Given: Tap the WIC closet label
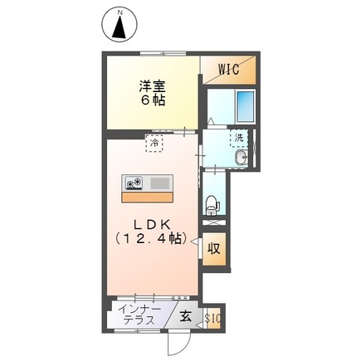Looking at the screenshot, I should pos(229,70).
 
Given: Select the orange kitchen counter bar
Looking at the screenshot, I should pos(148,198).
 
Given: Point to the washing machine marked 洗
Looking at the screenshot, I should pos(239,138).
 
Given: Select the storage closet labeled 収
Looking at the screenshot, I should pos(213,246).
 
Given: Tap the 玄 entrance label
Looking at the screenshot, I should pos(187,315).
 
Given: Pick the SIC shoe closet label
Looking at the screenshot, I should pos(212,316).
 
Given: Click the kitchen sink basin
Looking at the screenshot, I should pos(161,183).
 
